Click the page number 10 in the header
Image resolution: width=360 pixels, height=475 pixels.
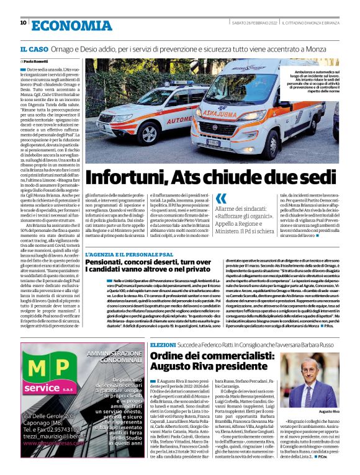[x=23, y=23]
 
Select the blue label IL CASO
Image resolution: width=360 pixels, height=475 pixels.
[x=31, y=48]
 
